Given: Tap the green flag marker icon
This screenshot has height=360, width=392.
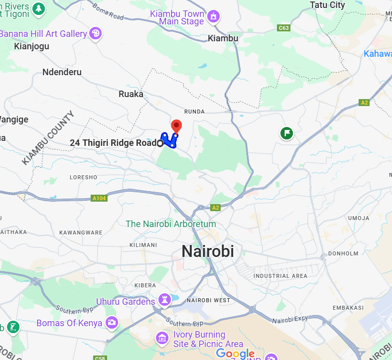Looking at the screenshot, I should click(286, 133).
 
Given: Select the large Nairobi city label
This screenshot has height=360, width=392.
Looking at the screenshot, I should click(207, 251).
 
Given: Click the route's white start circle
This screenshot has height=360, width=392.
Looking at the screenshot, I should click(160, 143).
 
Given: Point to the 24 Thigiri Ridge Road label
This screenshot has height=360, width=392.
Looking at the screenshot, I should click(113, 143).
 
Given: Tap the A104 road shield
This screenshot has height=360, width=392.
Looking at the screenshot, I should click(100, 198).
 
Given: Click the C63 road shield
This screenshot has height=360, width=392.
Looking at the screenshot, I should click(283, 28).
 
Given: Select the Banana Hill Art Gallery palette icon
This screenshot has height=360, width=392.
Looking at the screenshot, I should click(95, 34).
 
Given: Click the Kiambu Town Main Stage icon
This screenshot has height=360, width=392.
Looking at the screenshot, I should click(213, 16).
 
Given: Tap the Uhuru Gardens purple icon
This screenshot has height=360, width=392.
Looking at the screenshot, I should click(164, 301).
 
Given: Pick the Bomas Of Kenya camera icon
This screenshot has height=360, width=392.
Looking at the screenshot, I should click(112, 323).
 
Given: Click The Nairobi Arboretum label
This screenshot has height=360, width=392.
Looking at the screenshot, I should click(171, 224).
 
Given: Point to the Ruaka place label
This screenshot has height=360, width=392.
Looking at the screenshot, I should click(131, 94).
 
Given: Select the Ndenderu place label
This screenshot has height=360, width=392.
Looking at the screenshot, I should click(62, 72).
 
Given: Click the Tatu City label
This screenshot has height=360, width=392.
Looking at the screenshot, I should click(327, 5).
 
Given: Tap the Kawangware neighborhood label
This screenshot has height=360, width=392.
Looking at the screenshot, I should click(81, 233).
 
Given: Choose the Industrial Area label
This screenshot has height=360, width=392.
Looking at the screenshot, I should click(280, 276).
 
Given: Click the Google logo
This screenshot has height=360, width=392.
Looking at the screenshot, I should click(235, 354).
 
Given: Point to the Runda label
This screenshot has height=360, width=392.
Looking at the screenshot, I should click(194, 112).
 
